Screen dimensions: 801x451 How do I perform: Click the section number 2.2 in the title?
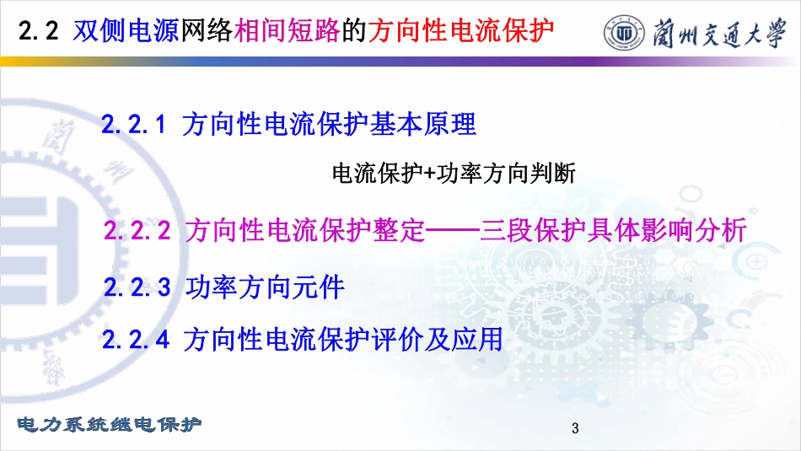[38, 30]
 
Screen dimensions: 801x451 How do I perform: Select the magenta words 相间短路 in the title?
[287, 30]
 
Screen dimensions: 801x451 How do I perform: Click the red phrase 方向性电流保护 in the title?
[460, 30]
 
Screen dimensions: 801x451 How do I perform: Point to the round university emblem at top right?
[623, 32]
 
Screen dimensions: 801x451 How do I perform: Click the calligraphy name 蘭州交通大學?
[719, 33]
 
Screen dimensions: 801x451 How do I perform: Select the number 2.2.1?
[134, 124]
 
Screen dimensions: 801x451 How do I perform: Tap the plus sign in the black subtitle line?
[429, 174]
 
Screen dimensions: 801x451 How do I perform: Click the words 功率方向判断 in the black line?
[506, 173]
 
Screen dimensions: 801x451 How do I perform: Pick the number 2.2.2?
[137, 230]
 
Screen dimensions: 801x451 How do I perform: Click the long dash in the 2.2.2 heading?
[453, 231]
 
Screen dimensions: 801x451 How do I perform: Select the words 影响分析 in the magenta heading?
[694, 230]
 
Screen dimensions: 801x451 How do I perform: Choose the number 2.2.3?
[137, 287]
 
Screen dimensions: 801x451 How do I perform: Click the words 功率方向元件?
[265, 287]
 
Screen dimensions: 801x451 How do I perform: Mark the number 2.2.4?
[136, 339]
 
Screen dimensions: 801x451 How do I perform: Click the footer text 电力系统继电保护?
[110, 424]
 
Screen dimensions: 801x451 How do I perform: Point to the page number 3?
[575, 428]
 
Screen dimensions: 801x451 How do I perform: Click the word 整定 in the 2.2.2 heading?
[399, 230]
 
